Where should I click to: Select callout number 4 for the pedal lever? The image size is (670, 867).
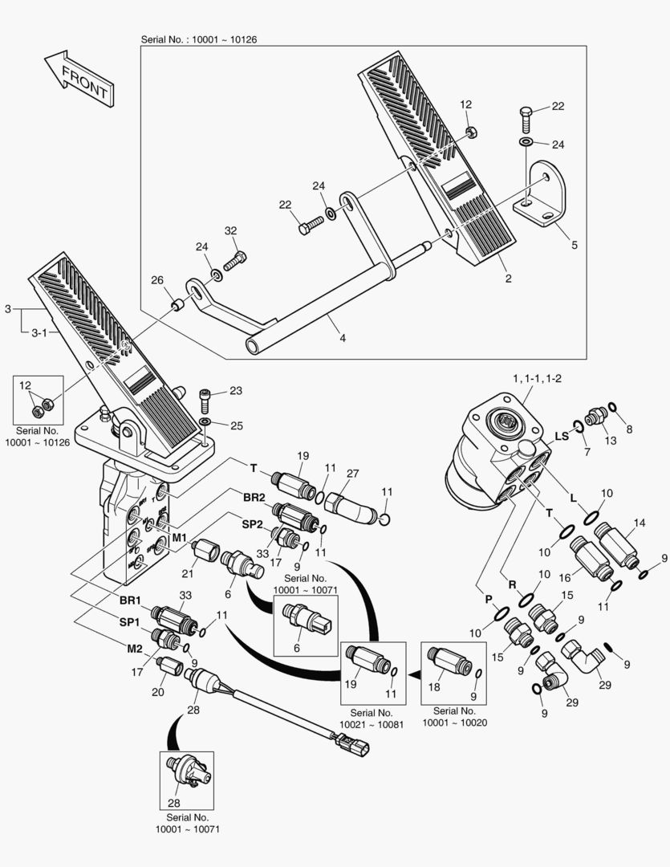pyautogui.click(x=343, y=338)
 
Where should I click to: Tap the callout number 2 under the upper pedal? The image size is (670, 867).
pyautogui.click(x=508, y=279)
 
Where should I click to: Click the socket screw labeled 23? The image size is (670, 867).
pyautogui.click(x=206, y=397)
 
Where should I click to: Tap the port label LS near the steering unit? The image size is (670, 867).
pyautogui.click(x=562, y=436)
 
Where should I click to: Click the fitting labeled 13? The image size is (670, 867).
pyautogui.click(x=595, y=416)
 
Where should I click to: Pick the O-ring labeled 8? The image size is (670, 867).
pyautogui.click(x=612, y=407)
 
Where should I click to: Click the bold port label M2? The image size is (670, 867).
pyautogui.click(x=134, y=648)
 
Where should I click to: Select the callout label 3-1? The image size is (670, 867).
pyautogui.click(x=40, y=332)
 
